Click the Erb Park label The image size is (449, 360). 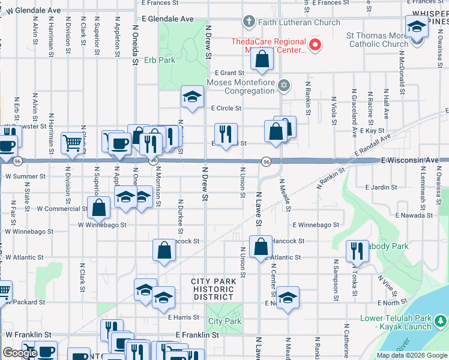click(x=159, y=61)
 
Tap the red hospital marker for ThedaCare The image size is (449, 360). click(x=314, y=44)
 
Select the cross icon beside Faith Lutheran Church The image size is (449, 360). click(x=249, y=22)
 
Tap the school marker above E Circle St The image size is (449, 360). click(x=192, y=97)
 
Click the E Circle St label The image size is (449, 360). click(x=226, y=109)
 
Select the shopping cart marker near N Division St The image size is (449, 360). click(x=73, y=143)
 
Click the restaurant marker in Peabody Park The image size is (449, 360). click(x=357, y=250)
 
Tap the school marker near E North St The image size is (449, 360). click(x=288, y=298)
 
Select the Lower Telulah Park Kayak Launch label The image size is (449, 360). click(x=396, y=322)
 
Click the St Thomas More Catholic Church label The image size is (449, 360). click(x=378, y=40)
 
